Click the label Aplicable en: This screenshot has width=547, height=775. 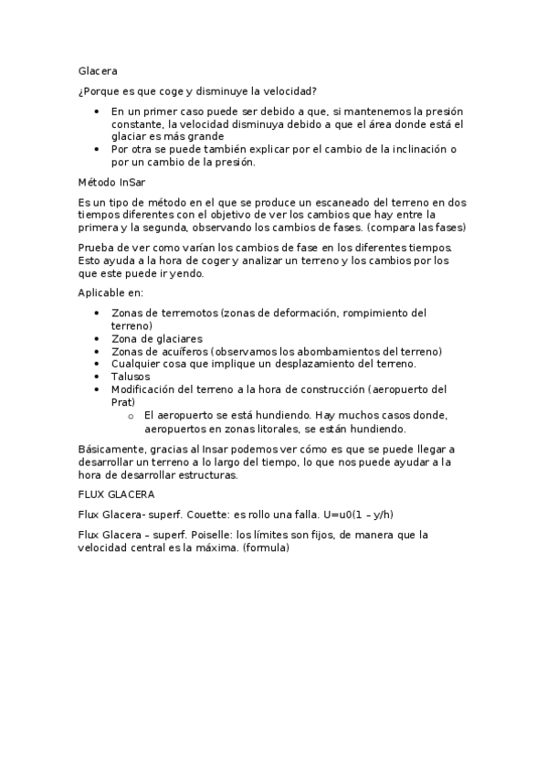(x=110, y=292)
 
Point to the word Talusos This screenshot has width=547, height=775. (x=131, y=376)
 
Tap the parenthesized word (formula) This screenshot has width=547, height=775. (x=266, y=548)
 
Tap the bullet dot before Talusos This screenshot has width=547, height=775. (x=98, y=376)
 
